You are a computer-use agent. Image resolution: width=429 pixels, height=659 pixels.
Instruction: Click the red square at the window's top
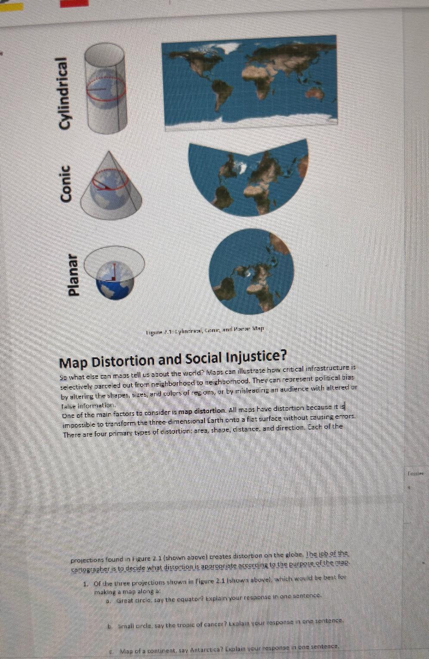pos(74,3)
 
